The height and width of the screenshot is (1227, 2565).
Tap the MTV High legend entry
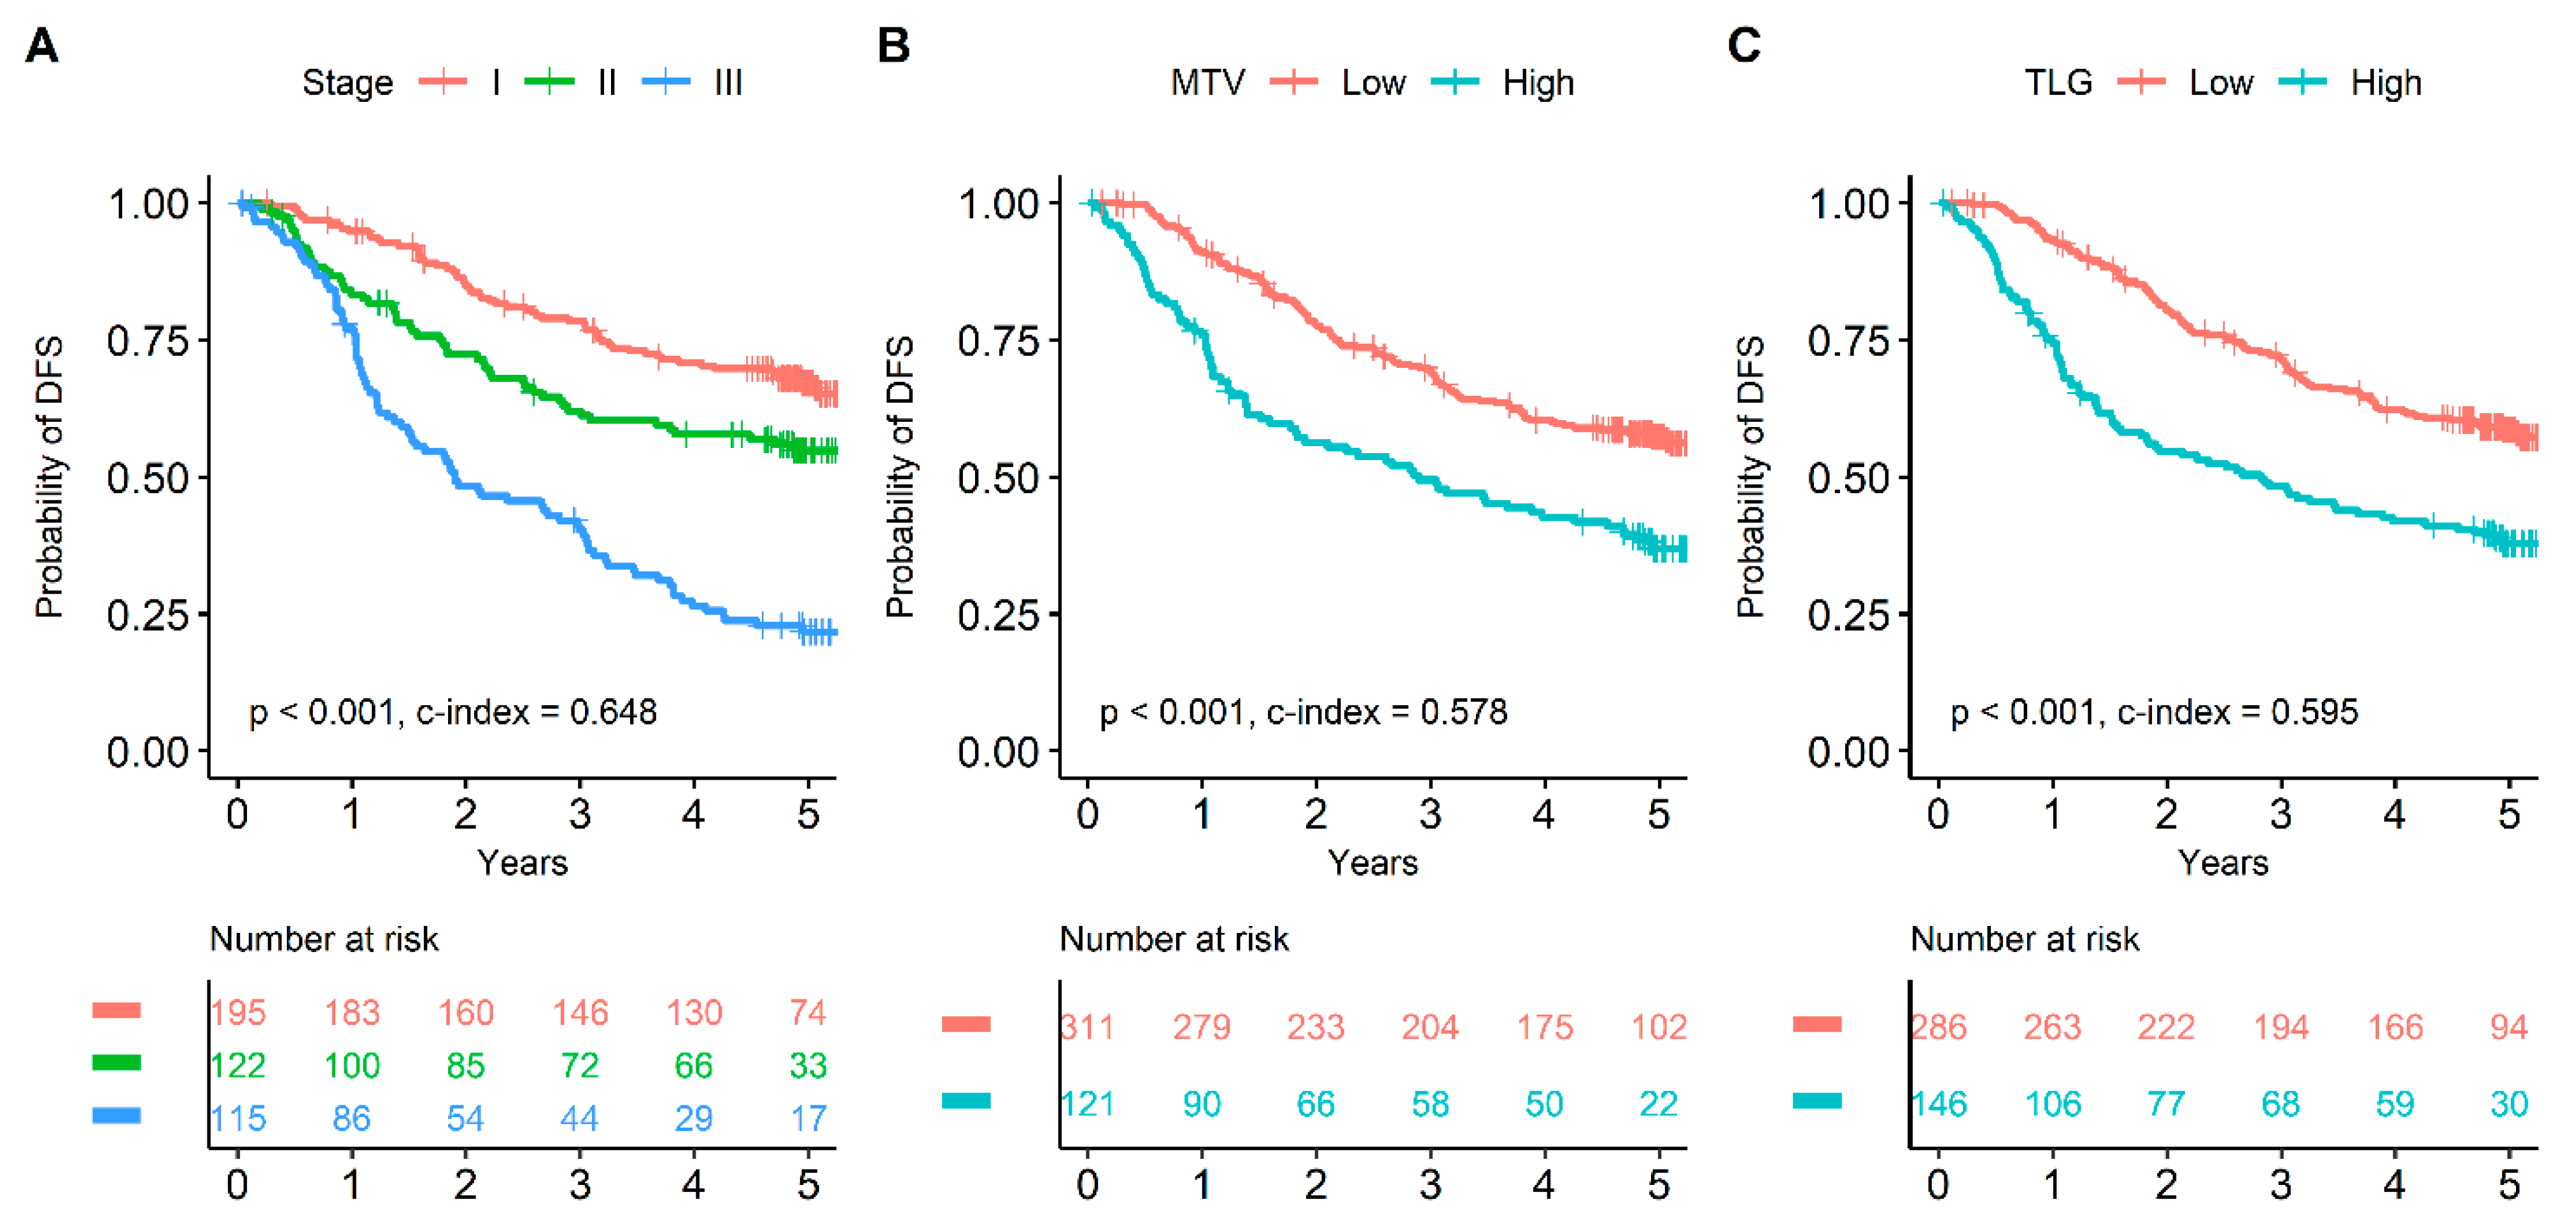point(1503,83)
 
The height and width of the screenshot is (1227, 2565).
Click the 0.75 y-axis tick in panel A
point(148,342)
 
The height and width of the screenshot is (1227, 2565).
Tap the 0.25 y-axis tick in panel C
point(1848,615)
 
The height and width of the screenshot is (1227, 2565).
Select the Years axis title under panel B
point(1372,862)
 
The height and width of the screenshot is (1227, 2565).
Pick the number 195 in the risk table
point(238,1013)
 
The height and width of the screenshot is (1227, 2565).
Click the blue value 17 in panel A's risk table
point(808,1118)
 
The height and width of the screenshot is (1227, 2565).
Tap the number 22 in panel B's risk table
point(1659,1104)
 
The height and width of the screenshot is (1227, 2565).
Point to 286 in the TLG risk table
point(1939,1027)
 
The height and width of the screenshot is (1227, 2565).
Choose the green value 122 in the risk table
point(238,1065)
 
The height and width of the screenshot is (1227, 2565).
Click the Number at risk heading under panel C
point(2025,939)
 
